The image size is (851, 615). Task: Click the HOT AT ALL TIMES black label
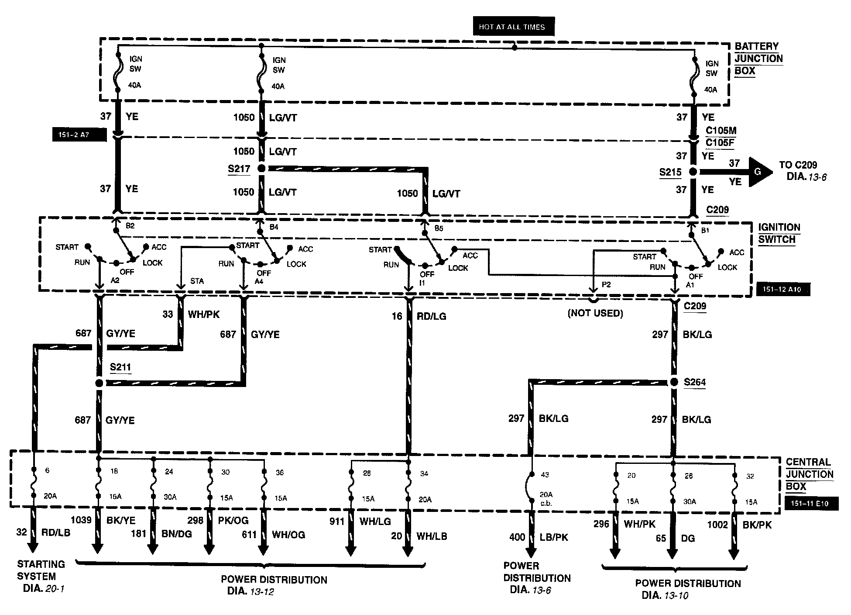[x=513, y=27]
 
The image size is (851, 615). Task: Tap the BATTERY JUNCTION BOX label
[x=758, y=59]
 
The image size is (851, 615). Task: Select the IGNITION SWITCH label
[x=779, y=233]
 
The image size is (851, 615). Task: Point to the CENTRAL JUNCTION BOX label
[x=809, y=474]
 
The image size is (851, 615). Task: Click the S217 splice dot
[x=261, y=169]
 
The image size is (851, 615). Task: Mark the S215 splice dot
[x=693, y=172]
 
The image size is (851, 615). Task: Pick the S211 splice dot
[x=99, y=383]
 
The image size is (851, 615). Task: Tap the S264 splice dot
[x=673, y=382]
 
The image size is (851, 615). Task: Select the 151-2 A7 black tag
[x=79, y=135]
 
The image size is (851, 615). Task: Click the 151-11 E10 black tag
[x=810, y=504]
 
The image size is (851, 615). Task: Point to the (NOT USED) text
[x=595, y=313]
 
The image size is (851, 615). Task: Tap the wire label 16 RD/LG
[x=419, y=316]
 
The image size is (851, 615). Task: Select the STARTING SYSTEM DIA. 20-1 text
[x=41, y=576]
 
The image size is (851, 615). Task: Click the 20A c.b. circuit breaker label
[x=546, y=499]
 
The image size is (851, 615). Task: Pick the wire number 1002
[x=717, y=525]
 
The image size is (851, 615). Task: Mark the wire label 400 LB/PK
[x=538, y=537]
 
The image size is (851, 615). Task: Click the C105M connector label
[x=721, y=131]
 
